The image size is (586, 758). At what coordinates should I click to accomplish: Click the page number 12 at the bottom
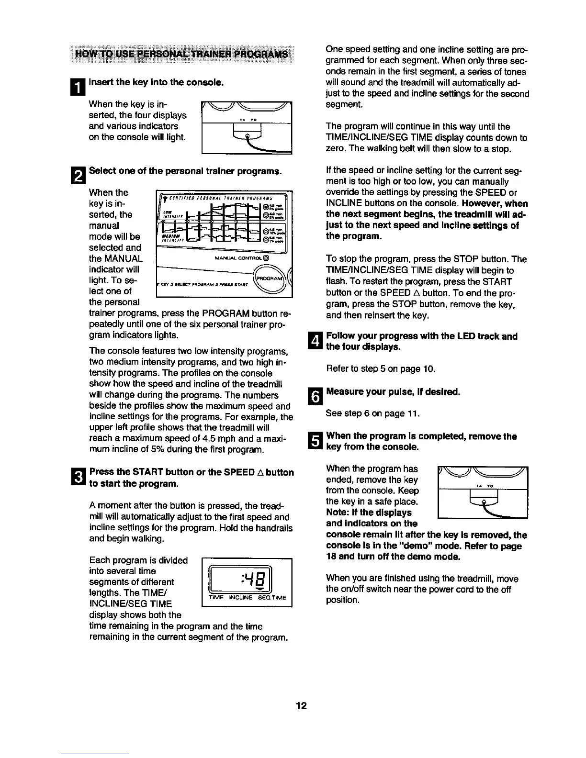pos(301,706)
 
